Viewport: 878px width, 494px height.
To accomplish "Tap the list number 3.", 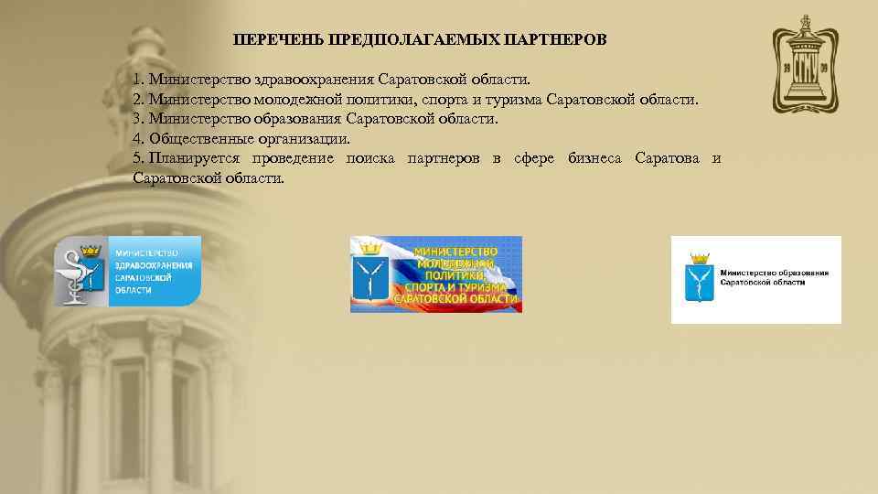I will tap(137, 119).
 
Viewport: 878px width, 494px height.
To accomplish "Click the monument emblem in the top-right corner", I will tap(804, 64).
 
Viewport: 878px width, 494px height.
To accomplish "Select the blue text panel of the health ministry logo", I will tap(154, 271).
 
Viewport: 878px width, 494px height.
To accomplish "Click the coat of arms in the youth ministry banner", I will tap(370, 279).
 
